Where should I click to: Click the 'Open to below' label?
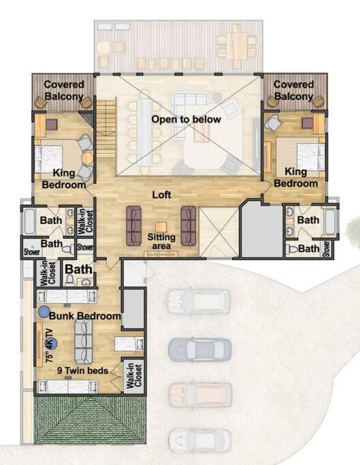186,119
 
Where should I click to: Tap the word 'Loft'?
161,195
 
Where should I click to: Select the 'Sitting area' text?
161,242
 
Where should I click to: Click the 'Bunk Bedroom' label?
85,316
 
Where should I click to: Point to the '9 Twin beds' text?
83,370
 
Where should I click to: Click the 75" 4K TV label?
50,345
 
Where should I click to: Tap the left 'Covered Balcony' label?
64,90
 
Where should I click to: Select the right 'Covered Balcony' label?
293,90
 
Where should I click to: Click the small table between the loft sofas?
161,227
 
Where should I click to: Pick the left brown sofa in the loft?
134,226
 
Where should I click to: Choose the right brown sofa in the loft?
189,226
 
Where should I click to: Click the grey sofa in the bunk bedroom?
83,342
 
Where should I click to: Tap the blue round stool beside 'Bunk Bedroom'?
44,312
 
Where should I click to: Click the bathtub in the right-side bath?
330,221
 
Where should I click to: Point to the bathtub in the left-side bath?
29,221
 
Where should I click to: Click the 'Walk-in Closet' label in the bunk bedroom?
134,375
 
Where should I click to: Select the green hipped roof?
91,420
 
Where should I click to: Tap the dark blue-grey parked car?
200,349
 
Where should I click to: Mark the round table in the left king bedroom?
88,158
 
